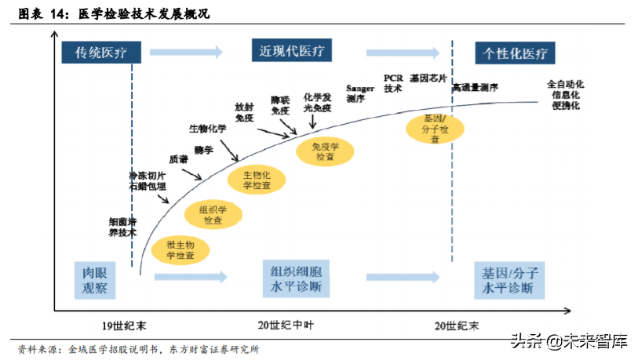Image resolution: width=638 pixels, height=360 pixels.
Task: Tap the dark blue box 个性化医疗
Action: pos(515,53)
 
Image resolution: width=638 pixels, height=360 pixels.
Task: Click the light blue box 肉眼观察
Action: pos(95,280)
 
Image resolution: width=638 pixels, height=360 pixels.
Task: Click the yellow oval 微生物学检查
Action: pos(180,249)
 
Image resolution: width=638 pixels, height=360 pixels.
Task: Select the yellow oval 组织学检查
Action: pos(213,215)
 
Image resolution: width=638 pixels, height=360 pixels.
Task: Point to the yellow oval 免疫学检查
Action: pos(324,151)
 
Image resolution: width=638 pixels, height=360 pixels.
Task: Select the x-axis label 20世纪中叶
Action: pos(290,325)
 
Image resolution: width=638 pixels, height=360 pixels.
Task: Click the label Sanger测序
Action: pos(360,93)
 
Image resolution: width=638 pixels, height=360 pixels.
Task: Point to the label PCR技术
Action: pos(393,84)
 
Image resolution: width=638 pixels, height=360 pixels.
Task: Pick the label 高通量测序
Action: pos(475,87)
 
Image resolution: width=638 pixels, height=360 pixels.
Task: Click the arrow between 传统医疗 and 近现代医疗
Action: pos(186,53)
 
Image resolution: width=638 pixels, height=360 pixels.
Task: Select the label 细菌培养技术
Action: pos(122,227)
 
